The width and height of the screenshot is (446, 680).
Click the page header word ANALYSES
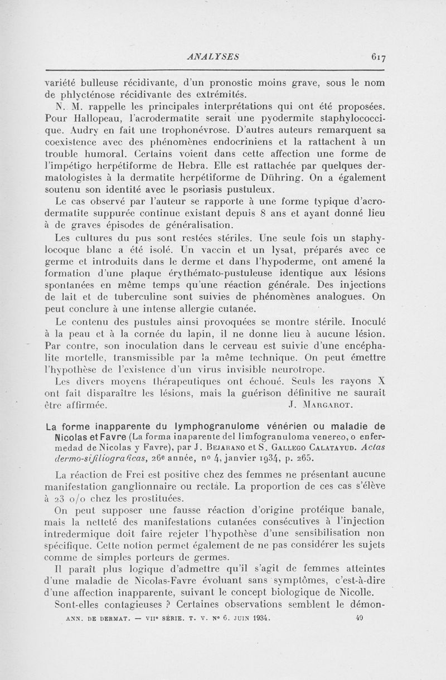pos(214,56)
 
